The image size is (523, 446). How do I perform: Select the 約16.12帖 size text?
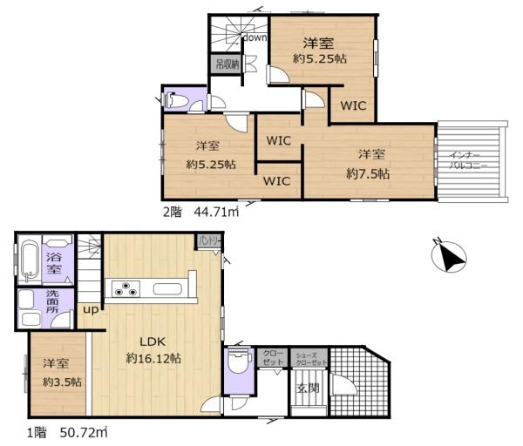154,357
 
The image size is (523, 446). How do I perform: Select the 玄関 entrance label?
307,388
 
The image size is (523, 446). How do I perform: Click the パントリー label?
210,240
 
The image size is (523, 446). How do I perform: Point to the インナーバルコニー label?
461,158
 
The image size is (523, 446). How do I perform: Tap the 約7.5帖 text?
368,173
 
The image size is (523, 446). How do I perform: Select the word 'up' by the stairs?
89,309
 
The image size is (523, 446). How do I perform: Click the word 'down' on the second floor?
255,37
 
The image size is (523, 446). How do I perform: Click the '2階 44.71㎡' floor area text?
201,209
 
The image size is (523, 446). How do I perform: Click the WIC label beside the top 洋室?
353,106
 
